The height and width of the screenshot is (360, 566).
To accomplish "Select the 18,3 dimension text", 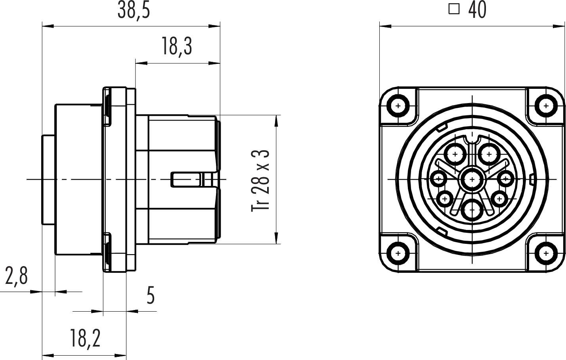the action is [x=177, y=47].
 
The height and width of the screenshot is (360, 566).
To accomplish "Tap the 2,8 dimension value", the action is [x=16, y=276].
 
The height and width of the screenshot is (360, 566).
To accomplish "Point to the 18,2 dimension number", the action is [x=85, y=339].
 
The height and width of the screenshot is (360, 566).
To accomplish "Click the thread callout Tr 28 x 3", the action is [x=260, y=180].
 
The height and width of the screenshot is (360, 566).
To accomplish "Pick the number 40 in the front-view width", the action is [x=477, y=10].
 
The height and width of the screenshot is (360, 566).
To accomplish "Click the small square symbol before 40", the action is [x=454, y=10].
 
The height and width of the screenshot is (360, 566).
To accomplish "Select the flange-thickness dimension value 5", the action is [x=151, y=295].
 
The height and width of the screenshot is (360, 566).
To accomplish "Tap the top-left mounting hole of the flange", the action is [x=398, y=106].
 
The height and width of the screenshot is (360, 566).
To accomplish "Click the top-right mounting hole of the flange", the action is [x=546, y=106].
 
